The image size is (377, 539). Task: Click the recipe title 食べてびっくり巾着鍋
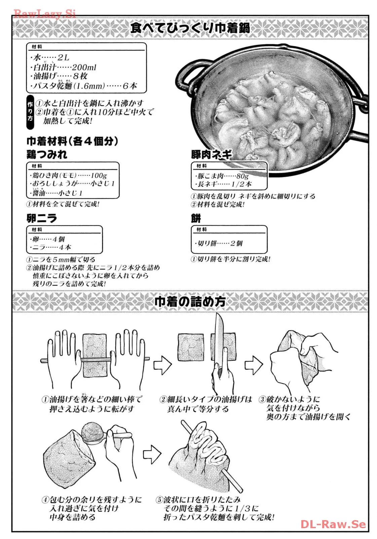(x=190, y=28)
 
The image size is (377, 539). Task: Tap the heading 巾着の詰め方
(x=190, y=302)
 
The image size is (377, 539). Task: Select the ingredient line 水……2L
(x=50, y=57)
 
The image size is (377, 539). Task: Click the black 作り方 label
(x=30, y=112)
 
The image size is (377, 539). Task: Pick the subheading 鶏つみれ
(x=47, y=154)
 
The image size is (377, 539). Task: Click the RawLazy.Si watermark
(x=45, y=14)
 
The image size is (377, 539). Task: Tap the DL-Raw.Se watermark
(x=333, y=524)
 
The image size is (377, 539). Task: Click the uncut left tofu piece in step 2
(x=191, y=347)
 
